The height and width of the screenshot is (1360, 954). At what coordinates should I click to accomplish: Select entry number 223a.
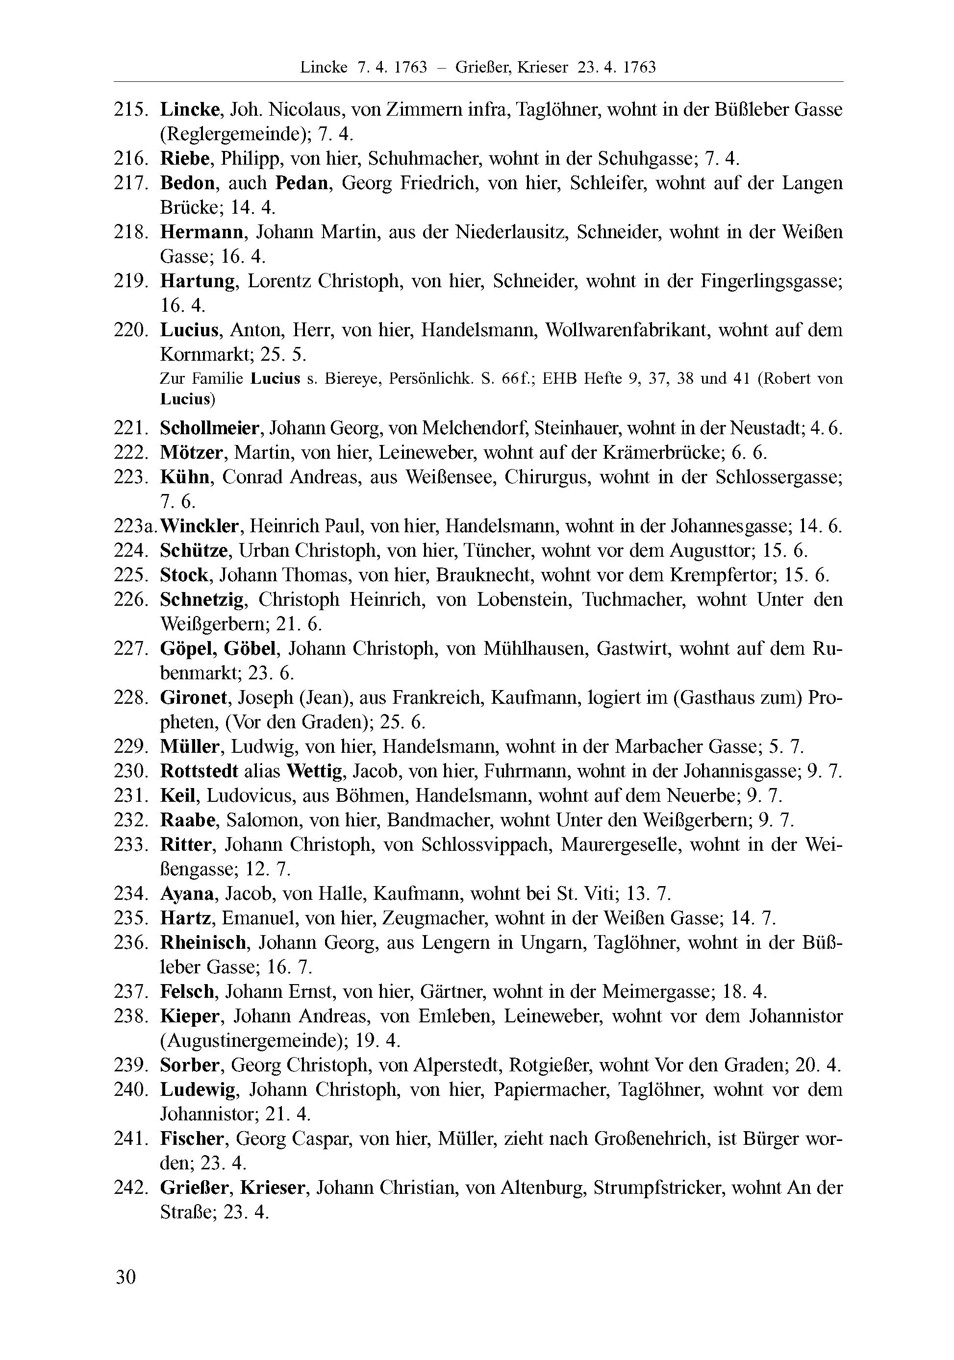tap(136, 526)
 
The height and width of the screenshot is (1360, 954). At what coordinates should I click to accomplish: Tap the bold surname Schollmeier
tap(210, 428)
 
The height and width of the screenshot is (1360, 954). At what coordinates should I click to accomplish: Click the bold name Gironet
tap(194, 698)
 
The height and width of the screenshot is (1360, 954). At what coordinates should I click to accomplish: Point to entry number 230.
tap(130, 771)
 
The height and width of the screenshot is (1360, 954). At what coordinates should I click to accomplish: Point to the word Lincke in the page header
tap(324, 68)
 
